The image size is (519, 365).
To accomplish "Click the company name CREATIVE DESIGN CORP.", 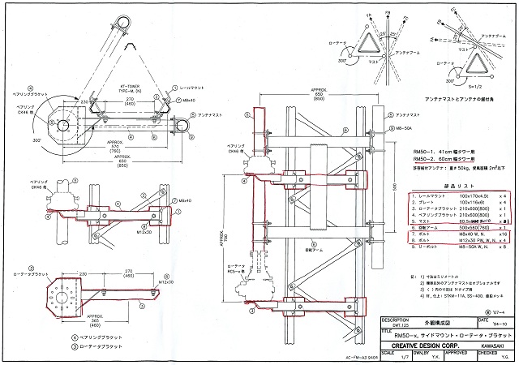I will point(426,345).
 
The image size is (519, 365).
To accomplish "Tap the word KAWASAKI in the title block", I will point(488,345).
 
